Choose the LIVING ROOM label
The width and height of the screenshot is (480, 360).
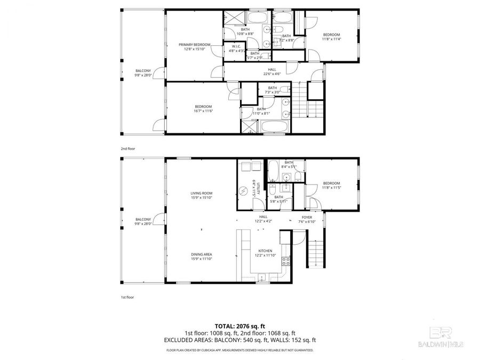pos(202,195)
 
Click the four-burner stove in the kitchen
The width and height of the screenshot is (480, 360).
pos(285,261)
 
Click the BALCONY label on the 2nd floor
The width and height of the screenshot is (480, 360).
pos(143,73)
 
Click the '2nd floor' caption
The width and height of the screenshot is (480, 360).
pos(127,149)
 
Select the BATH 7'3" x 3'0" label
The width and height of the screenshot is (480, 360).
pos(273,90)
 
